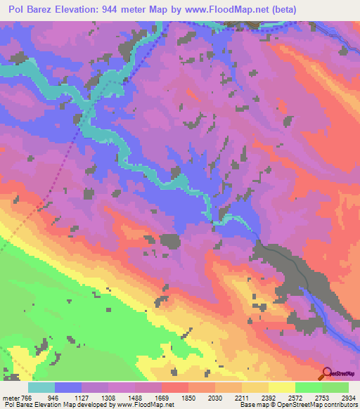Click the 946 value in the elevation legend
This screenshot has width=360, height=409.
[67, 397]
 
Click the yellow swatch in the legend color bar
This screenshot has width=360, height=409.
[281, 387]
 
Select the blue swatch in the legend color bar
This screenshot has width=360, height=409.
[67, 387]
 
